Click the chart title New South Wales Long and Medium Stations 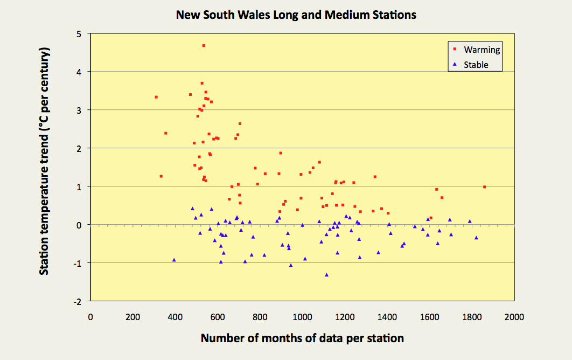pos(296,15)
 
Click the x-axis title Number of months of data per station pos(302,338)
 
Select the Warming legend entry pos(482,50)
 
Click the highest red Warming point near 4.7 pos(204,46)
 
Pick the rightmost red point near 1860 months pos(484,187)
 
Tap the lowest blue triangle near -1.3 pos(326,275)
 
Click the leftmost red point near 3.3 pos(156,97)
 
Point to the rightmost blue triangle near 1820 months pos(476,238)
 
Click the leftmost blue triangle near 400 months pos(174,260)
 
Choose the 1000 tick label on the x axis pos(302,317)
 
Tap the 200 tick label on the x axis pos(132,317)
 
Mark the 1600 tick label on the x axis pos(429,317)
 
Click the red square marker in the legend pos(455,49)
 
